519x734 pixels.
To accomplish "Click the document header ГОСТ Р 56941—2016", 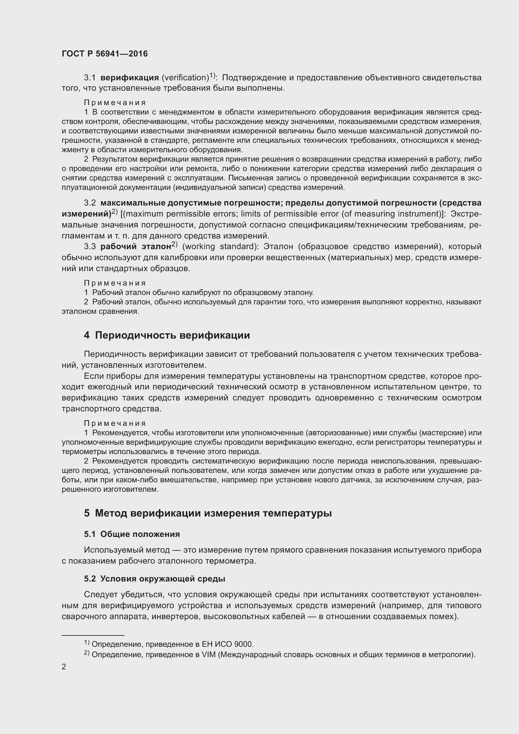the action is click(x=104, y=54).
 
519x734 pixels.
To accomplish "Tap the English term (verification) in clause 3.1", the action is click(x=185, y=78).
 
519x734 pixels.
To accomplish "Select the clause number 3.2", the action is click(x=90, y=203).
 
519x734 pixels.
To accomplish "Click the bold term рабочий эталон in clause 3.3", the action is click(x=136, y=247).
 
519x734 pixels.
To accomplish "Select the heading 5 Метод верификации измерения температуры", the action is click(x=208, y=513).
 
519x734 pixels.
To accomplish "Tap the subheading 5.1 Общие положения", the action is click(x=132, y=534).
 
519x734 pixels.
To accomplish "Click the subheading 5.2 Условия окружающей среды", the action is click(x=154, y=579).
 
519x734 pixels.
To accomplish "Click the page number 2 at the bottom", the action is click(x=64, y=667).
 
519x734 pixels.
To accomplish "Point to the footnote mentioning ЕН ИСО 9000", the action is click(x=173, y=644).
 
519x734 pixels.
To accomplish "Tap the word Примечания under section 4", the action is click(x=115, y=424).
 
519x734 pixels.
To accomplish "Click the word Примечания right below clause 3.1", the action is click(x=115, y=103).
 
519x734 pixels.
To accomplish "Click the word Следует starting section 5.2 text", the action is click(x=101, y=595).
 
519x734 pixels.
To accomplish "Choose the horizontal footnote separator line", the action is click(x=93, y=635).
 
